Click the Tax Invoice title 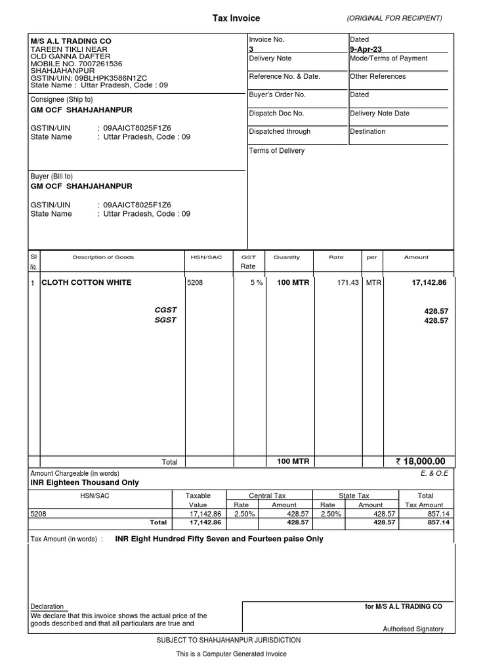236,18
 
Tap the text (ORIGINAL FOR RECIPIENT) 394,18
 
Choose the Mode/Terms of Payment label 388,58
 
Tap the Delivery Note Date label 379,114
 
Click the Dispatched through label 280,132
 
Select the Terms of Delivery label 276,151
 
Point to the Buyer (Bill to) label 52,177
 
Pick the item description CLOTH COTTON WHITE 86,283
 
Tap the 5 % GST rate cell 256,283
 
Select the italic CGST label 165,310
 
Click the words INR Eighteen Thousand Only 85,482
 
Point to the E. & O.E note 433,472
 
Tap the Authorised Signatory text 413,629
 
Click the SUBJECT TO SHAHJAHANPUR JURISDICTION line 228,640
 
